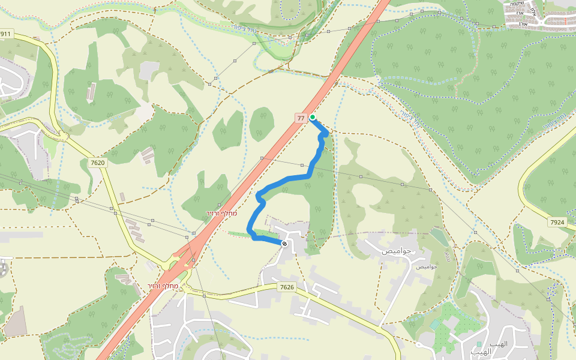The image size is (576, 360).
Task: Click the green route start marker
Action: (x=313, y=117)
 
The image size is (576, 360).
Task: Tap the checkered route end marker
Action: (x=284, y=244)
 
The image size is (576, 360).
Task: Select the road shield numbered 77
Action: (x=301, y=118)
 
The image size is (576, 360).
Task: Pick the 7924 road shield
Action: (x=557, y=223)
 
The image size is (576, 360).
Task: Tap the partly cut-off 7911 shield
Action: (x=5, y=34)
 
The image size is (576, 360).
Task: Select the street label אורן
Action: (x=523, y=24)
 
